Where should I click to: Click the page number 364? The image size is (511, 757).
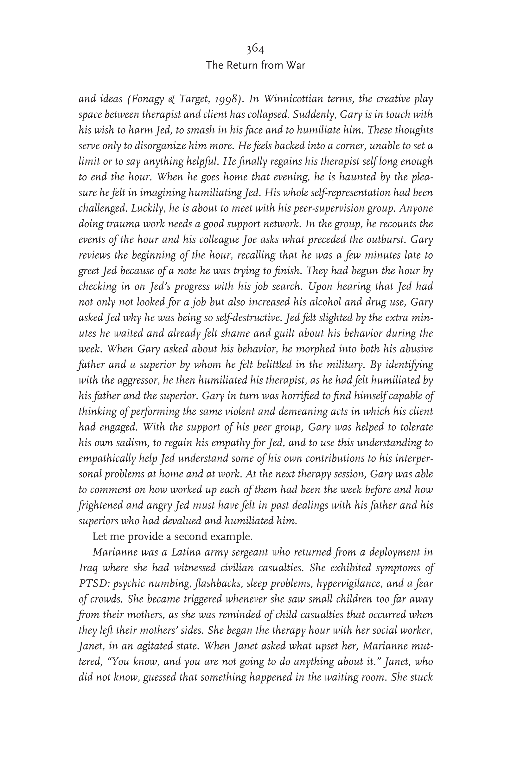point(255,49)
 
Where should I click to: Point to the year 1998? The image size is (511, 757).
point(227,99)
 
